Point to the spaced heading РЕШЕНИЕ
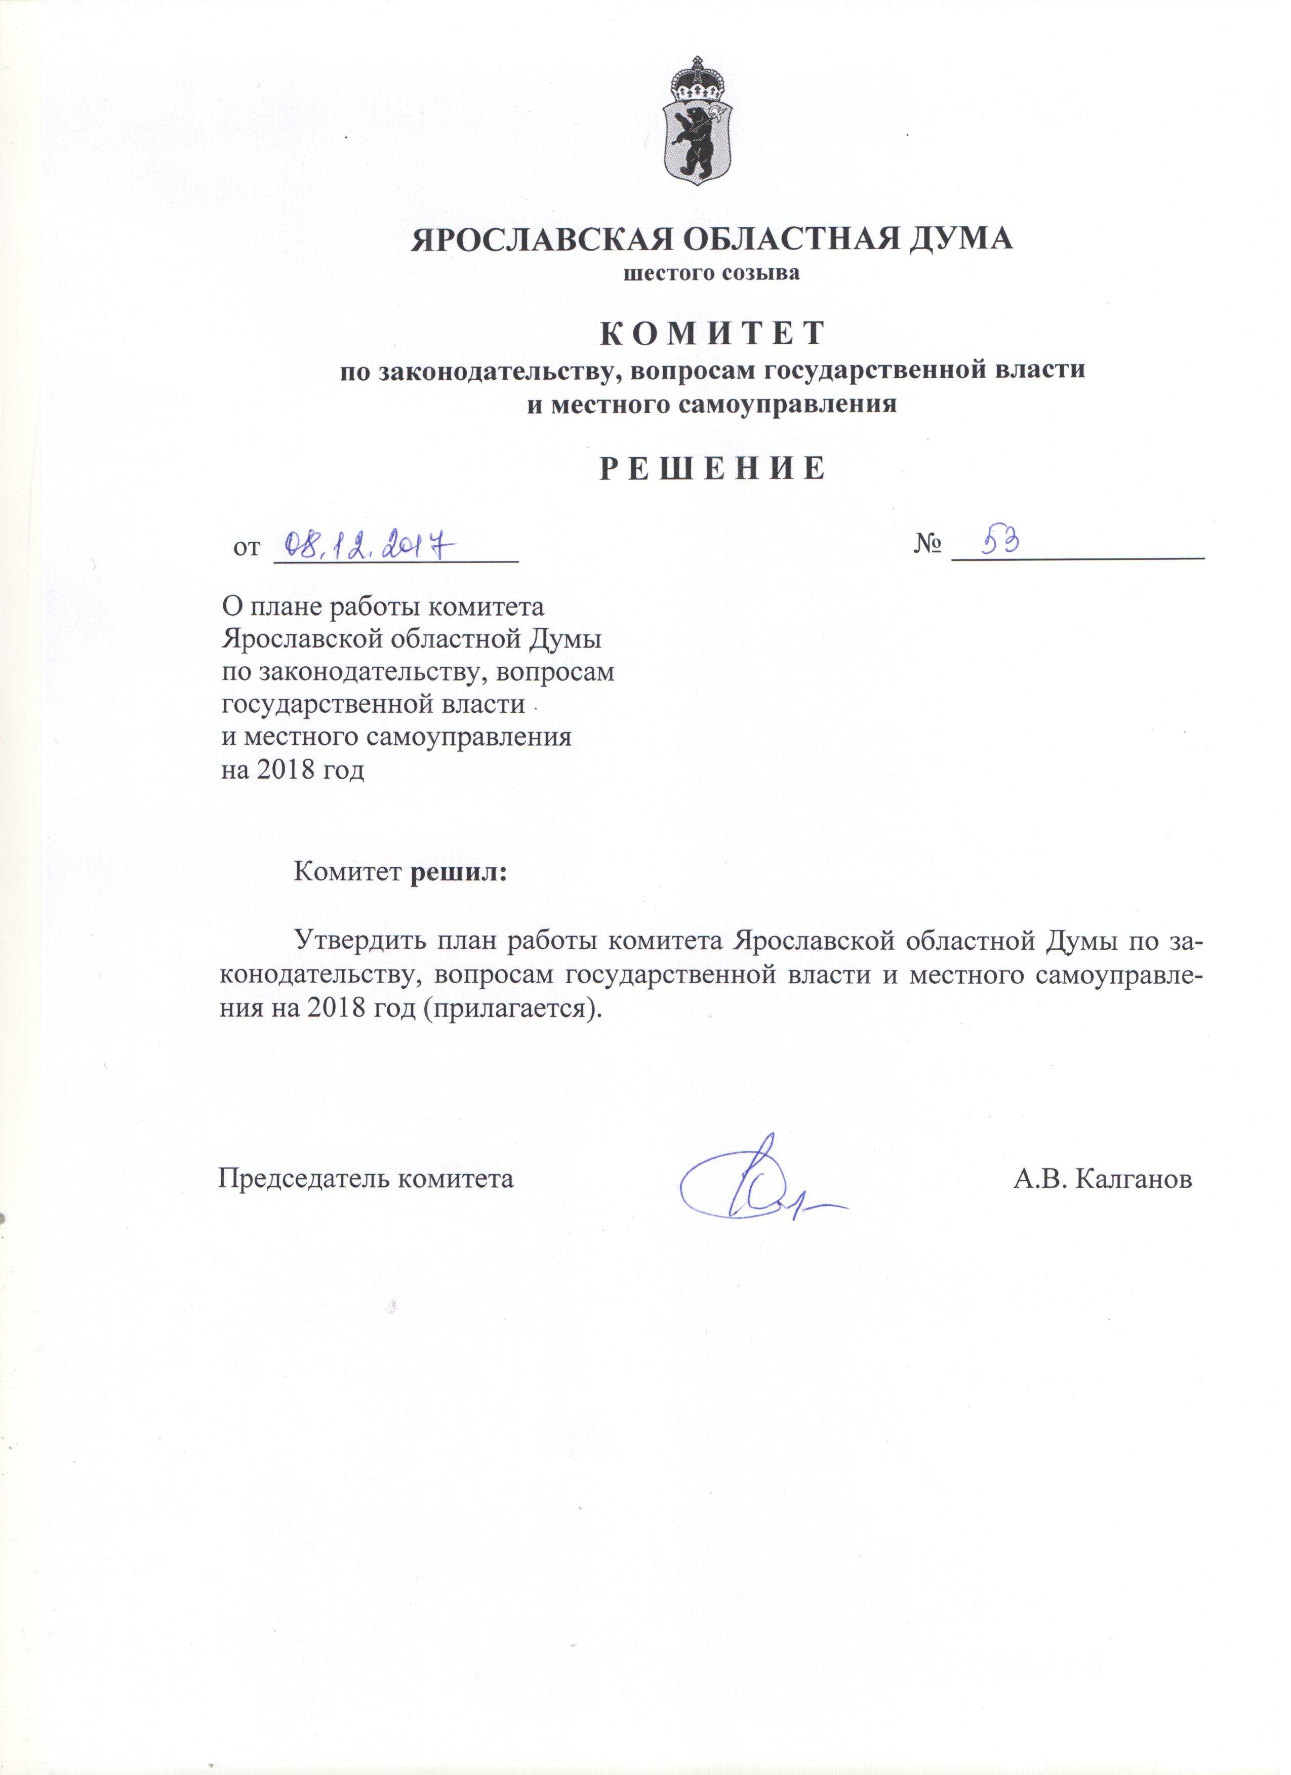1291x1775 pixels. (x=712, y=468)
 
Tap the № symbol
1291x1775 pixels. (x=926, y=545)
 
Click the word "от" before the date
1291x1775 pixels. (x=247, y=548)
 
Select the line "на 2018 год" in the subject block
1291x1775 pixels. (x=294, y=771)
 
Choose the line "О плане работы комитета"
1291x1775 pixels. (x=383, y=607)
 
